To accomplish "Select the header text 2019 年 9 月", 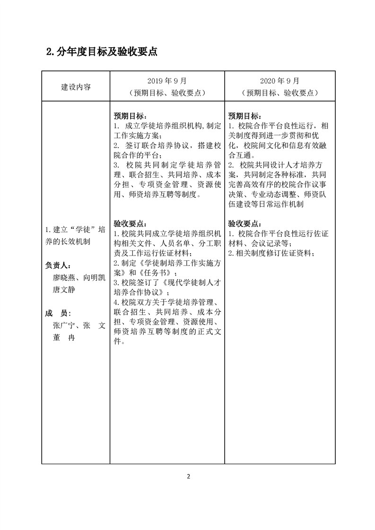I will [x=166, y=81].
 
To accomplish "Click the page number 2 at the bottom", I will [x=188, y=476].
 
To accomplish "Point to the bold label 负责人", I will [x=57, y=265].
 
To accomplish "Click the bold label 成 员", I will [x=57, y=313].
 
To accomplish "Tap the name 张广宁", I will [x=64, y=326].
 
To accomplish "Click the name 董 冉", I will [x=64, y=338].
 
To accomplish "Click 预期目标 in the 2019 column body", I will [x=130, y=116].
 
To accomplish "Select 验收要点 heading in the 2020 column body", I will [x=244, y=223].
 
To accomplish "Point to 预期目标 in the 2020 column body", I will [x=244, y=116].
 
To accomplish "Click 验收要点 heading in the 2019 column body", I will [x=130, y=223].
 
